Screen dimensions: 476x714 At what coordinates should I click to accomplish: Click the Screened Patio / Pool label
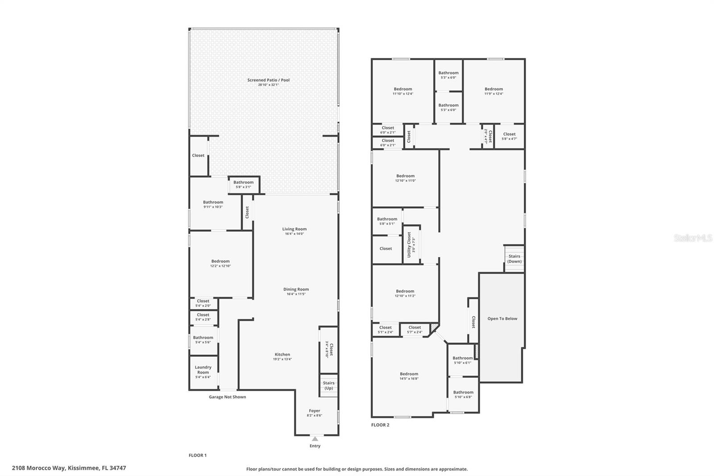(x=268, y=80)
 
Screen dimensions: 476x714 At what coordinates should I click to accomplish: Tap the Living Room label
(x=294, y=229)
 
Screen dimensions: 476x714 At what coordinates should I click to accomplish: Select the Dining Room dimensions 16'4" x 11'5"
(x=296, y=294)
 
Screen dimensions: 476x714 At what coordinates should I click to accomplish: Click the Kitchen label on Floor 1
(x=282, y=355)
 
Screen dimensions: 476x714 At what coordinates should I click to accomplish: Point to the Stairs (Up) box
(x=328, y=385)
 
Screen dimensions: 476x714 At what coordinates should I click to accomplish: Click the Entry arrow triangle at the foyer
(x=315, y=438)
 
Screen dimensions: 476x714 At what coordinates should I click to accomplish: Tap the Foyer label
(x=314, y=411)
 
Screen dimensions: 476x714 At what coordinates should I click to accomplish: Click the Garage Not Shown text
(x=227, y=397)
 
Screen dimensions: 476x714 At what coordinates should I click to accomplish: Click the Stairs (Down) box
(x=514, y=259)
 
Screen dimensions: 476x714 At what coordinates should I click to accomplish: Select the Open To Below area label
(x=502, y=319)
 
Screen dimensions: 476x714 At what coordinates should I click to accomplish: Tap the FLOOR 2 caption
(x=380, y=425)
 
